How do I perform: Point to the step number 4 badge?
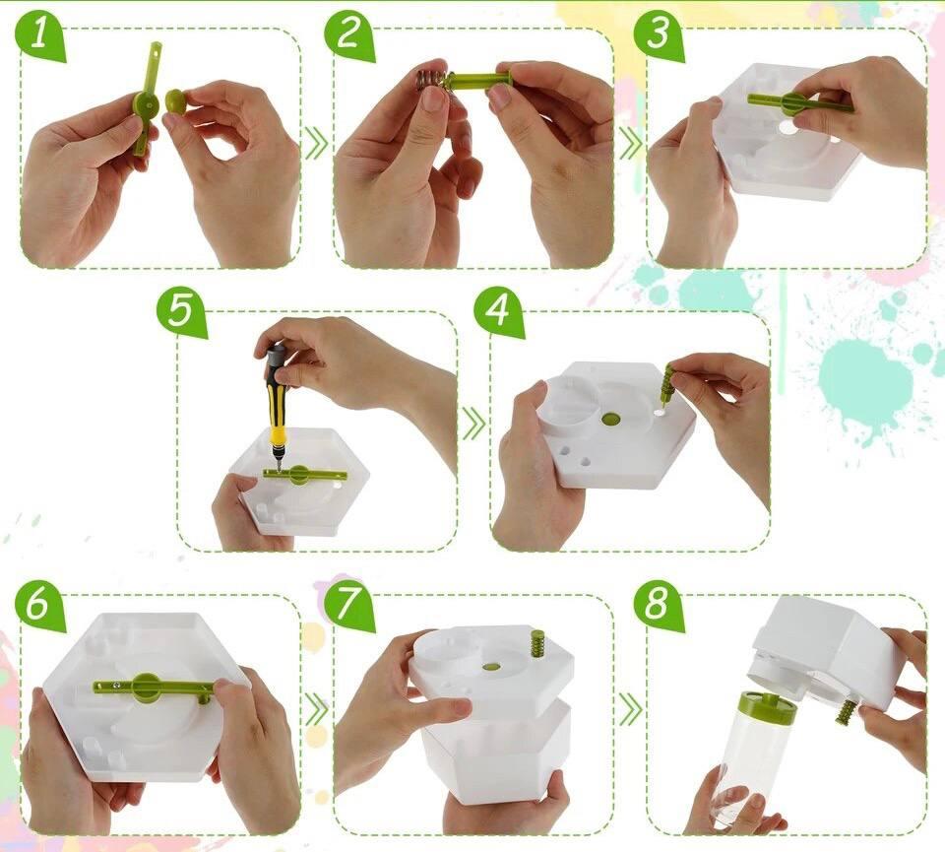tap(497, 311)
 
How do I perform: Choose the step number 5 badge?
tap(181, 311)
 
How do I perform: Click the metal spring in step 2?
tap(432, 79)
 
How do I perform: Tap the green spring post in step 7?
tap(535, 644)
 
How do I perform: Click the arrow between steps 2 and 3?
tap(630, 145)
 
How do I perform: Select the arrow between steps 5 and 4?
tap(474, 424)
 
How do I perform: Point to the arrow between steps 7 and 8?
tap(630, 710)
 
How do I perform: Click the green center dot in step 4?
tap(610, 418)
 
